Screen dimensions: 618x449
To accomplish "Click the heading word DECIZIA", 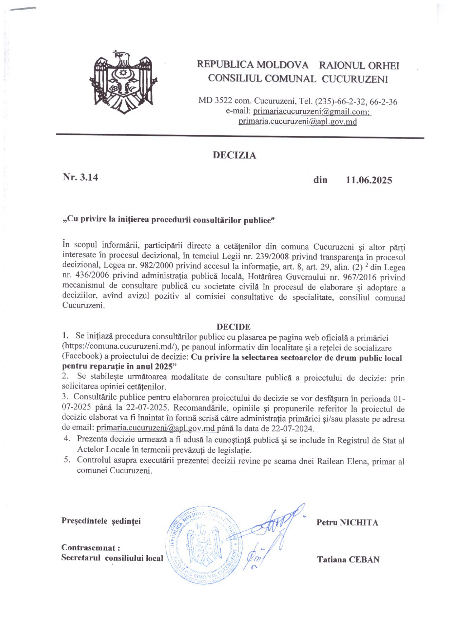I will (234, 155).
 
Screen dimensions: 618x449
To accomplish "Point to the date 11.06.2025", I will (369, 180).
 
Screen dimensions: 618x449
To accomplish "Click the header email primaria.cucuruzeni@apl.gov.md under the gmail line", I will (298, 121).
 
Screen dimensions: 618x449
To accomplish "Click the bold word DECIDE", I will (233, 327).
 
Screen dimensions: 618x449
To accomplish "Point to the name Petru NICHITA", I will (347, 522).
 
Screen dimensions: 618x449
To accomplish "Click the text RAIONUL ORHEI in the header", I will (359, 66).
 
